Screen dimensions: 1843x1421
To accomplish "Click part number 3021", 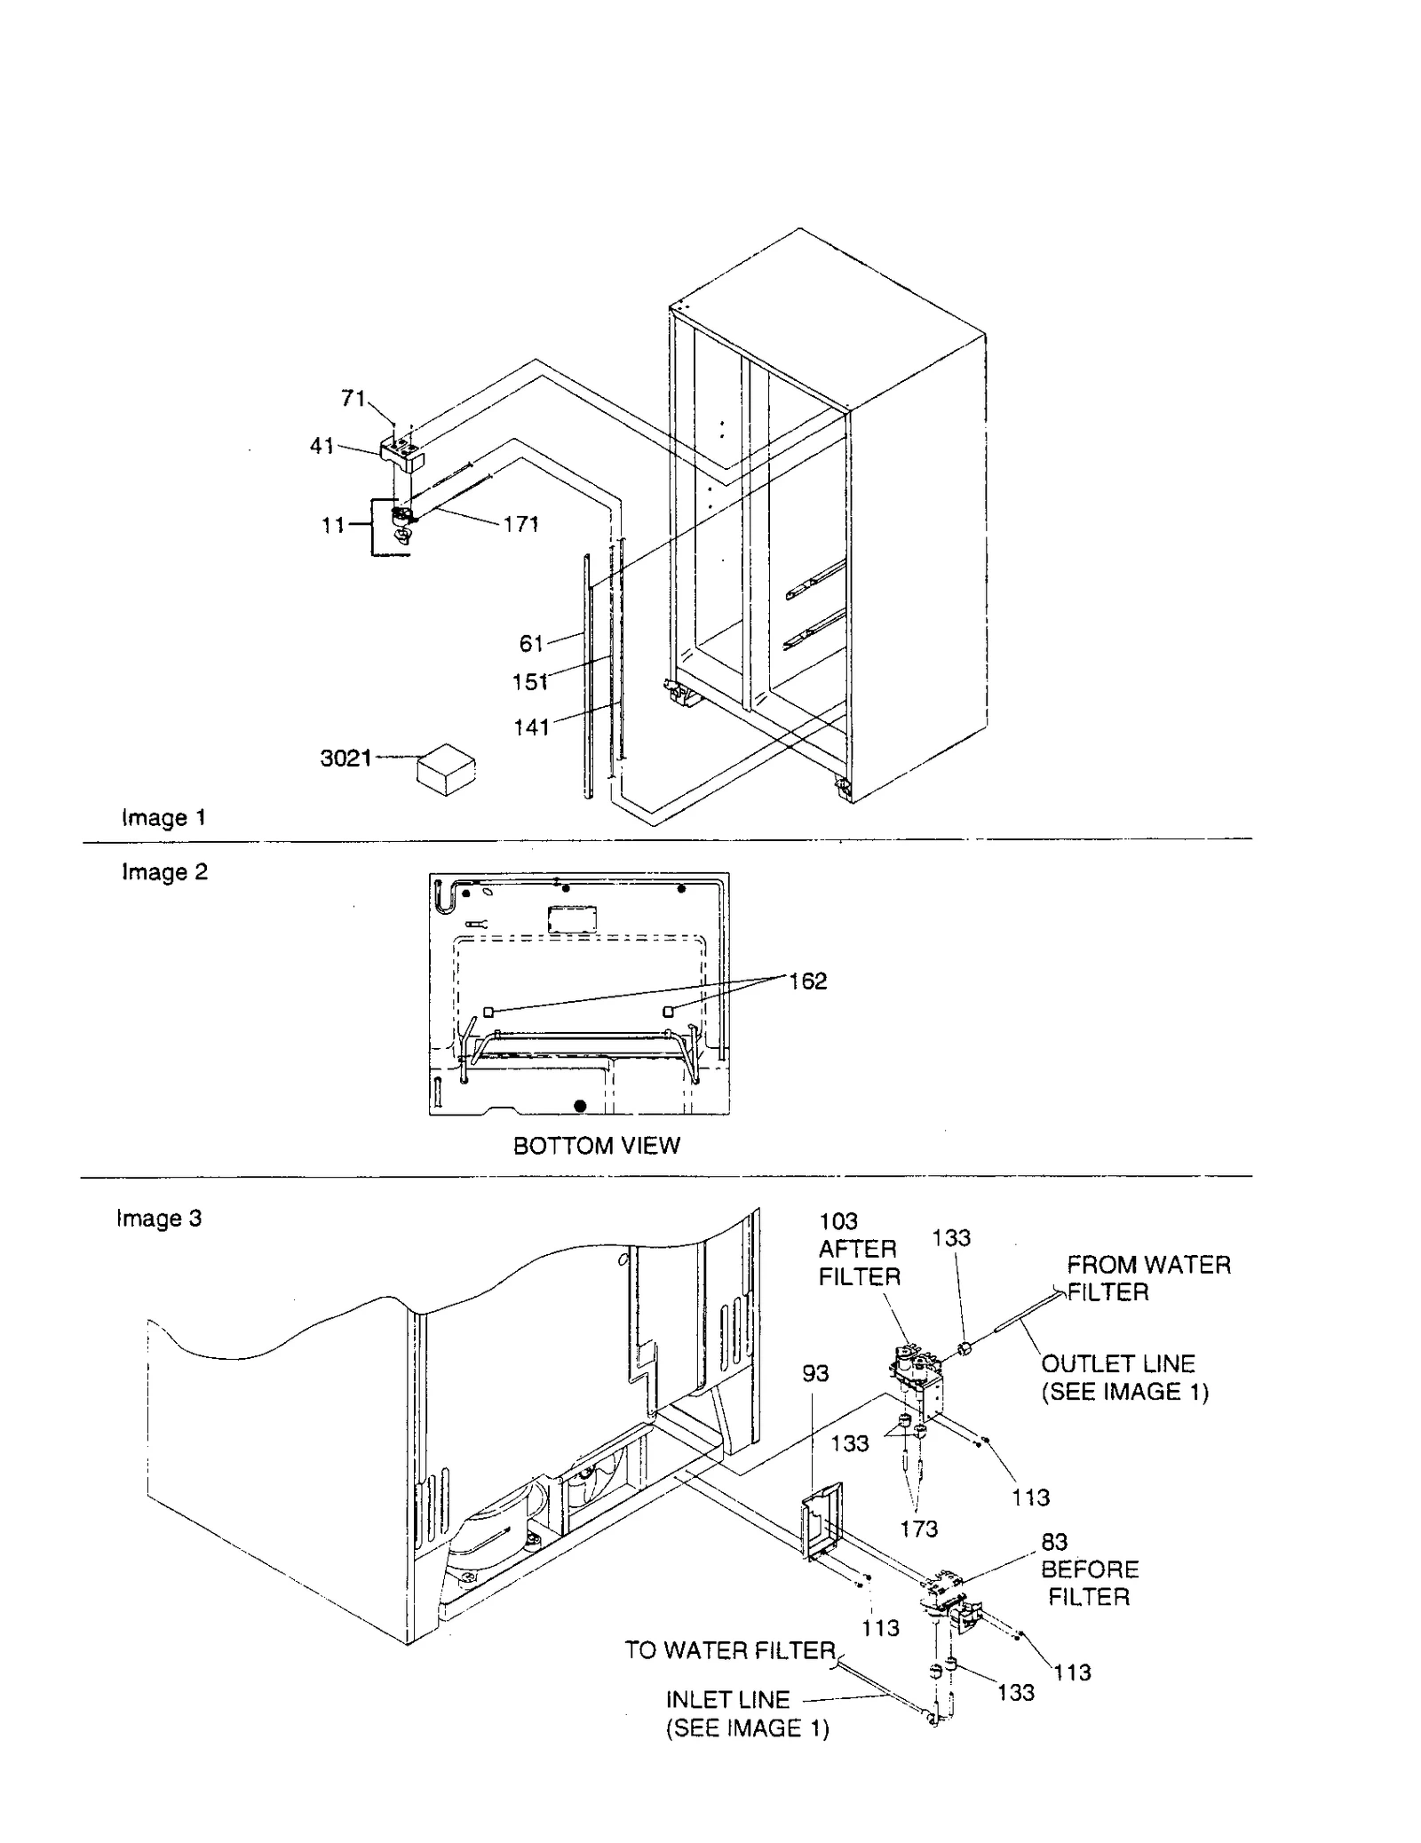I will pos(345,759).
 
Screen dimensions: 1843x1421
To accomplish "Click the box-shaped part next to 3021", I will pos(446,769).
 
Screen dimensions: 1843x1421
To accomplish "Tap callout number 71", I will pos(353,399).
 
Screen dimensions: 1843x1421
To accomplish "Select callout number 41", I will pos(322,446).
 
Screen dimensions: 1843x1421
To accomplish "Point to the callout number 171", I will pos(520,524).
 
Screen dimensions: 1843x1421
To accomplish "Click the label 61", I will pos(531,643).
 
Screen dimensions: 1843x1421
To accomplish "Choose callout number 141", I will pos(531,727).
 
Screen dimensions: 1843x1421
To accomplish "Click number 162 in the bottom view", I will pos(807,981).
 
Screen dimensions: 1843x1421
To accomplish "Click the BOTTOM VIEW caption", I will pos(596,1146).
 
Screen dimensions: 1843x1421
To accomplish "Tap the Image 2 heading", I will pos(164,872).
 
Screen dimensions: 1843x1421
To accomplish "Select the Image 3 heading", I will pos(159,1219).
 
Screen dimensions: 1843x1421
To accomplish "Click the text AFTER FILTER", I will pos(859,1263).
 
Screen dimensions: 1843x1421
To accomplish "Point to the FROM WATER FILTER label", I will pos(1148,1278).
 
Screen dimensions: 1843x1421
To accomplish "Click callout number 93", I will pos(814,1373).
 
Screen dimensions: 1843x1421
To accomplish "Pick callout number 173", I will pos(917,1529).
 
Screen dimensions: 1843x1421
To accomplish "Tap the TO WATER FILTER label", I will pos(730,1650).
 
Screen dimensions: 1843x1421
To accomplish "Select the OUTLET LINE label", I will pos(1118,1363).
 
